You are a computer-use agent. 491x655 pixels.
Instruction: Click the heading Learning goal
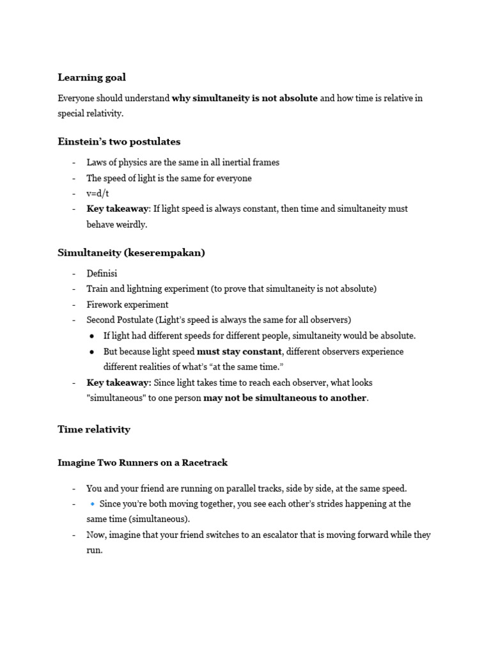pos(91,77)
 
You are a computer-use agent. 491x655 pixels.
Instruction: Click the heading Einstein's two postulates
pos(119,141)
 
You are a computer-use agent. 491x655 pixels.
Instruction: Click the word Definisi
pos(102,274)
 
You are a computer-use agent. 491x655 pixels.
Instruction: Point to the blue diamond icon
pos(92,504)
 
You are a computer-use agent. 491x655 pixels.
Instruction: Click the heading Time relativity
pos(94,429)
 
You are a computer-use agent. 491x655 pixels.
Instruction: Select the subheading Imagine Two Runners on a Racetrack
pos(143,462)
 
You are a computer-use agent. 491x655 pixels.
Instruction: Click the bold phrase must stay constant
pos(239,352)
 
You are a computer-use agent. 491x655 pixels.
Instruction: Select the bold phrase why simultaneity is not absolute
pos(245,99)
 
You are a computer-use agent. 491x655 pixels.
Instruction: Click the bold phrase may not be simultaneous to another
pos(285,398)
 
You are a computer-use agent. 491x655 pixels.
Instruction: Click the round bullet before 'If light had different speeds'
pos(92,336)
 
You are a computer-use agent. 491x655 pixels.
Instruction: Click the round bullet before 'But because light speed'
pos(92,352)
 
